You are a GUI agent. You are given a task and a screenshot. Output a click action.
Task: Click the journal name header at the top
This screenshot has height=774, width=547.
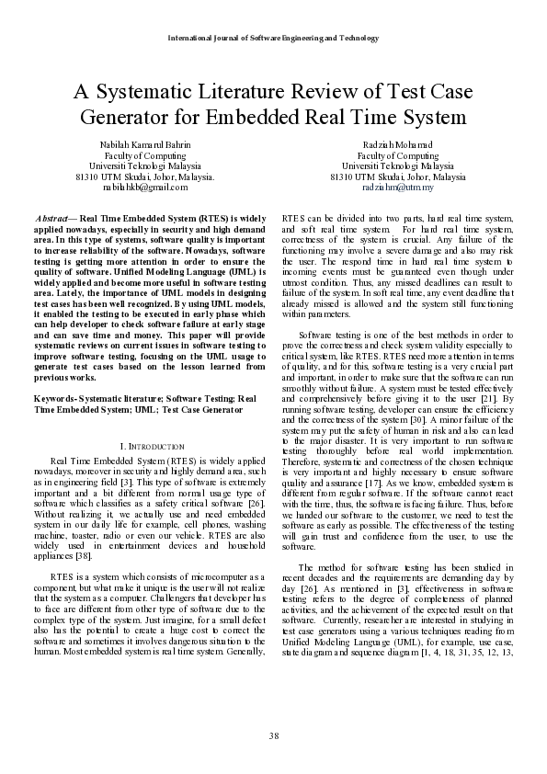click(273, 38)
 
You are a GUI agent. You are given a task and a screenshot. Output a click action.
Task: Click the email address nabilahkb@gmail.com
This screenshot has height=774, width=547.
click(144, 186)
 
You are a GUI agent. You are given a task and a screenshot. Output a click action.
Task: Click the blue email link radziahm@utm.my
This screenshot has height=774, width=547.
click(398, 186)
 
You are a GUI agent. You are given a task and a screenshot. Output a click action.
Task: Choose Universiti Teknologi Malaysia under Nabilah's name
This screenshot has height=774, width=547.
click(144, 165)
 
